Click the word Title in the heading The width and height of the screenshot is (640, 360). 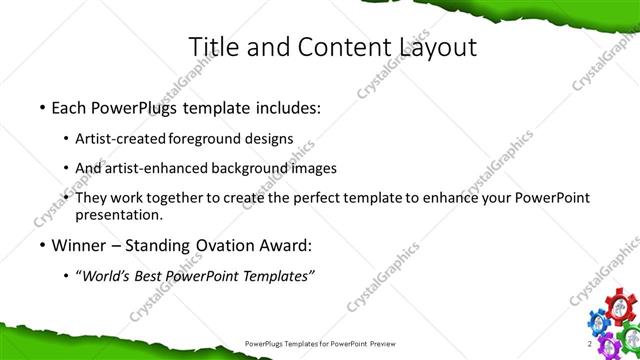pos(215,46)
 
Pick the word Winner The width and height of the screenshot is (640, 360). pos(76,245)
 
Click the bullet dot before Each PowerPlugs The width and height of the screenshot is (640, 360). pos(41,108)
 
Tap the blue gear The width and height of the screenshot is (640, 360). pos(597,321)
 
